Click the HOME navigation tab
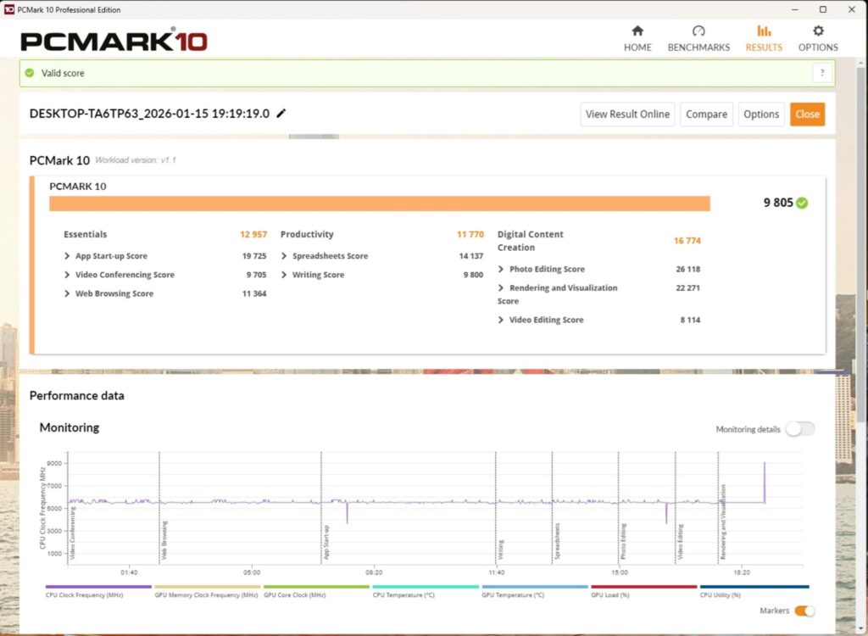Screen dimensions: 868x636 click(x=637, y=39)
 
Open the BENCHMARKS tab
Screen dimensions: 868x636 click(x=698, y=39)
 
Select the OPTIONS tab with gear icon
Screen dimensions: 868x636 click(x=818, y=39)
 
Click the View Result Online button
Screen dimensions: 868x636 click(x=627, y=114)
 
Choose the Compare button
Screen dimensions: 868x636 click(x=706, y=114)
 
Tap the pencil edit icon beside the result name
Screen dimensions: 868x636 click(x=281, y=113)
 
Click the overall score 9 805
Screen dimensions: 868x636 click(x=778, y=203)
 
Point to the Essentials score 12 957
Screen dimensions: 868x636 click(x=253, y=234)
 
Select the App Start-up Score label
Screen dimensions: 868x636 click(x=111, y=256)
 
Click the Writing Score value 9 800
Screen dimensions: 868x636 click(x=473, y=275)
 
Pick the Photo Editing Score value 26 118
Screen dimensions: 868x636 click(x=688, y=270)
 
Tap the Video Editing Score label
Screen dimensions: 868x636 click(x=547, y=320)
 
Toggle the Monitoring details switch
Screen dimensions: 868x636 click(x=800, y=429)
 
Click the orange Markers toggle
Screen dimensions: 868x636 click(x=805, y=611)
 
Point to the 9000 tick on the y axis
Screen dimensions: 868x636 click(x=54, y=463)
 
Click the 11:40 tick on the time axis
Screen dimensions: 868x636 click(x=497, y=572)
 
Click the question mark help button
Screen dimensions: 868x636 click(x=822, y=73)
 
